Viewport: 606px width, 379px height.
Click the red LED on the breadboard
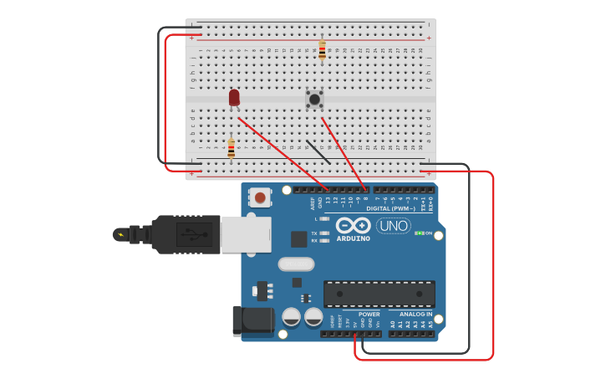click(234, 97)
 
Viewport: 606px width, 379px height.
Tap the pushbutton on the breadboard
click(314, 100)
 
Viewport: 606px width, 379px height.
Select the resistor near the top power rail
click(322, 49)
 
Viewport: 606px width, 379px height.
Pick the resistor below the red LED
click(231, 148)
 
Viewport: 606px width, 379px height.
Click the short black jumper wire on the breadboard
click(318, 151)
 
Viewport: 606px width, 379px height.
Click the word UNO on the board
click(394, 225)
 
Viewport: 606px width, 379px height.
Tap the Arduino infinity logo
click(354, 225)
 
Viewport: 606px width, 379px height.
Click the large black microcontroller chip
click(379, 293)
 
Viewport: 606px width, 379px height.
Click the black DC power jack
click(252, 321)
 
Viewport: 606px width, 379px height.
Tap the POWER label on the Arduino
click(369, 315)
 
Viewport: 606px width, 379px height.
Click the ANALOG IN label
click(415, 315)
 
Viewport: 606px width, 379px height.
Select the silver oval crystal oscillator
click(295, 264)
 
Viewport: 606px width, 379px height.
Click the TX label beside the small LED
click(314, 233)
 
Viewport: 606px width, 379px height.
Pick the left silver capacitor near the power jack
click(291, 317)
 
